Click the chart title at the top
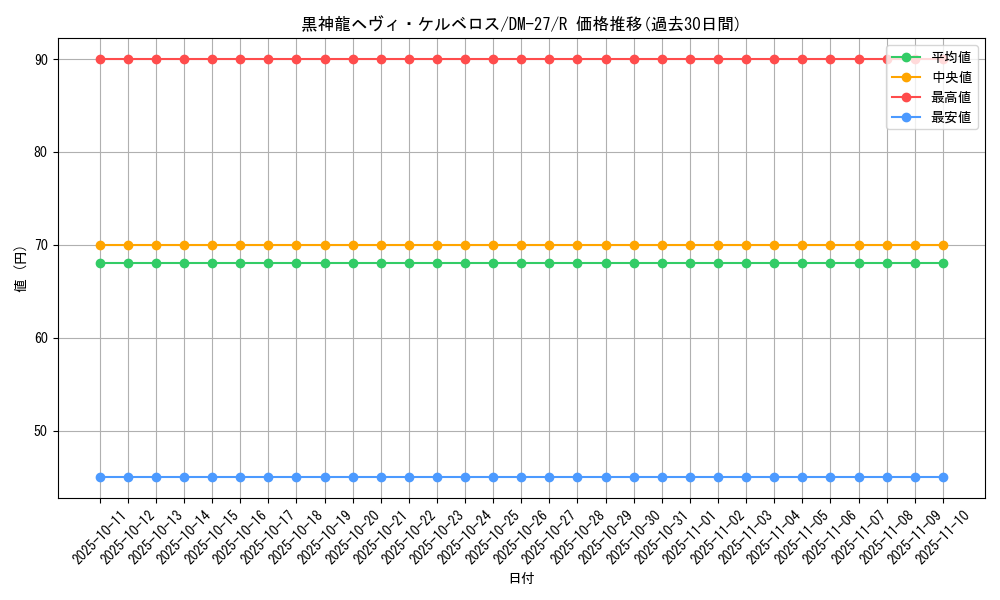(521, 24)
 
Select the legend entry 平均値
(950, 58)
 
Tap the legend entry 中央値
(950, 78)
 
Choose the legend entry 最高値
(950, 98)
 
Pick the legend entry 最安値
(950, 117)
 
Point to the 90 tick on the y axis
(42, 60)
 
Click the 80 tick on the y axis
(42, 153)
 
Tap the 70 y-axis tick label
(42, 246)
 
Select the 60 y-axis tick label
(42, 339)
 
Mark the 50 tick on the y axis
(42, 432)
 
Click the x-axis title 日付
(521, 579)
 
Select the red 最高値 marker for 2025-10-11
(100, 59)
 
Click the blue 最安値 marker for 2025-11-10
(943, 477)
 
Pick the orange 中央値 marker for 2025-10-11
(100, 245)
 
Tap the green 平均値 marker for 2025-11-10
(943, 263)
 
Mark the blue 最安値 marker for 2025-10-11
(100, 477)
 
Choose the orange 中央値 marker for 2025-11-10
(943, 245)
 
